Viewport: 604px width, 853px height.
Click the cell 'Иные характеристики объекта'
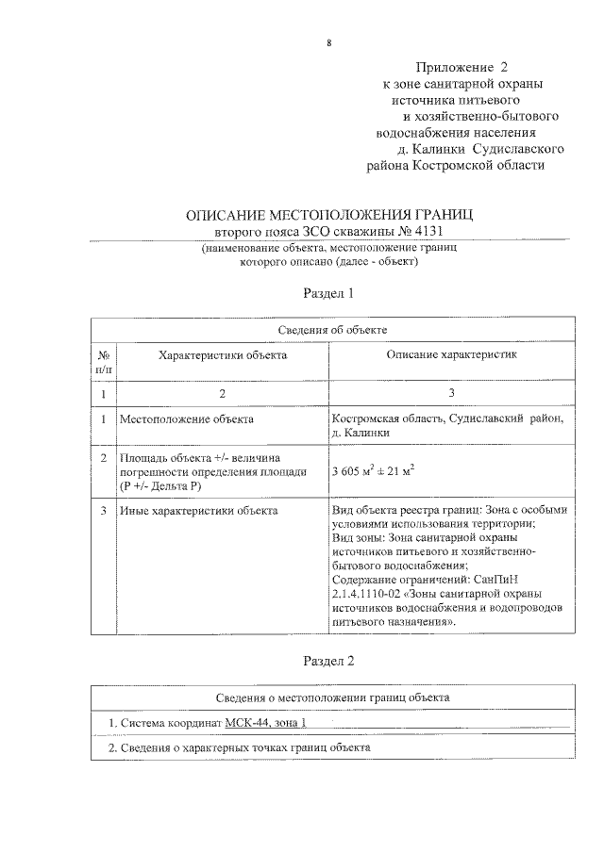click(x=198, y=510)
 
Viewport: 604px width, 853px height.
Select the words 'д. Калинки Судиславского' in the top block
click(x=481, y=149)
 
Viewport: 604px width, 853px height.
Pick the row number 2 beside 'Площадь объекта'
click(x=103, y=457)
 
